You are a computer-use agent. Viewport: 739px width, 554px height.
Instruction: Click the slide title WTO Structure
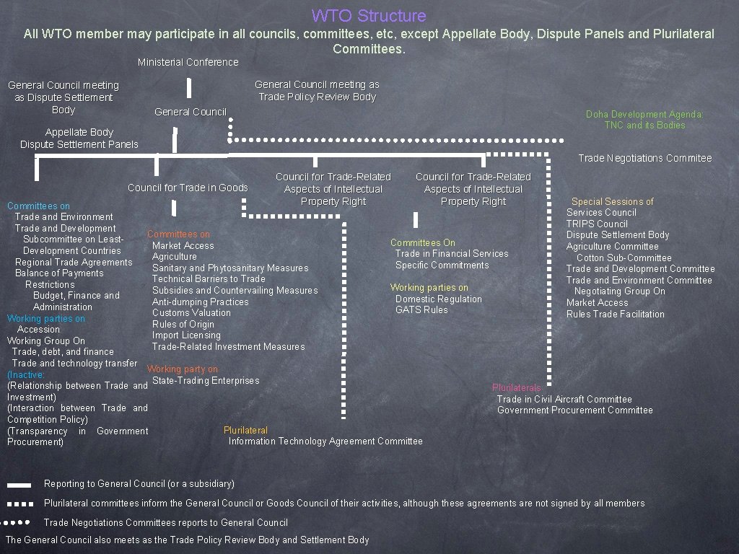click(x=369, y=16)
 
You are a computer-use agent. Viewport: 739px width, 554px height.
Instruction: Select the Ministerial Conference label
click(x=188, y=62)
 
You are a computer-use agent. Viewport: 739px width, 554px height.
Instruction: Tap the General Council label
click(x=191, y=112)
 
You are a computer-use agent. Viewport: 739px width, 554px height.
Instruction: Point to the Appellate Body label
click(x=79, y=132)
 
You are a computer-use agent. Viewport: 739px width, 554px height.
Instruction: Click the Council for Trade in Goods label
click(x=188, y=188)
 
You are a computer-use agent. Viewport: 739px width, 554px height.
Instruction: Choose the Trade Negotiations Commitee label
click(x=644, y=158)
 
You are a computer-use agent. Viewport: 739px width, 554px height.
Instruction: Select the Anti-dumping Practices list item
click(x=200, y=302)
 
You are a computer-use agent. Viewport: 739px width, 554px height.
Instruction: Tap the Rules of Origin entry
click(x=183, y=324)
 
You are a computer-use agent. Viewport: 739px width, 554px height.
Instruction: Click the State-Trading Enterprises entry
click(x=206, y=380)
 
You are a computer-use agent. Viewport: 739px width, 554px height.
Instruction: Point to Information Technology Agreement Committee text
click(x=325, y=441)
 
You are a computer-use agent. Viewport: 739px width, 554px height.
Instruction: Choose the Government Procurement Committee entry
click(x=574, y=410)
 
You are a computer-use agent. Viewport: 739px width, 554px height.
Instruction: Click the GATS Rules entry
click(x=421, y=309)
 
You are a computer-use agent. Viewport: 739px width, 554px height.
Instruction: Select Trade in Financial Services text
click(x=452, y=253)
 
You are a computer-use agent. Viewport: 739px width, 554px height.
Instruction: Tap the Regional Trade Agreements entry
click(x=74, y=262)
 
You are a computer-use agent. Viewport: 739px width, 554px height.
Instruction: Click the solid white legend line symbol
click(x=19, y=485)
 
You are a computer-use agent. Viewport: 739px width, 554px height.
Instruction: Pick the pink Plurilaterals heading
click(x=516, y=388)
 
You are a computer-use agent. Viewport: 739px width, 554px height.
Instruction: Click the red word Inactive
click(x=26, y=374)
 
